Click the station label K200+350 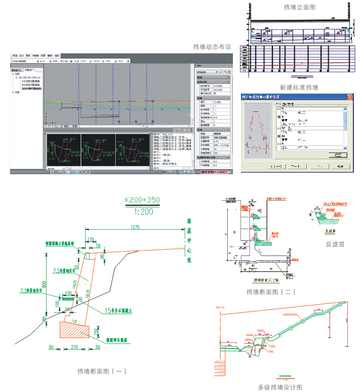(142, 200)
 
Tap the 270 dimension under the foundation (74, 347)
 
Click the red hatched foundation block (74, 331)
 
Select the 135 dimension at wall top (90, 239)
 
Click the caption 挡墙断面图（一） (102, 371)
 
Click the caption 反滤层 (335, 244)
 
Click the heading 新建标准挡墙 (299, 87)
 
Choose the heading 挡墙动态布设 (212, 47)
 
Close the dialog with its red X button (350, 97)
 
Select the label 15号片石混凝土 (122, 310)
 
